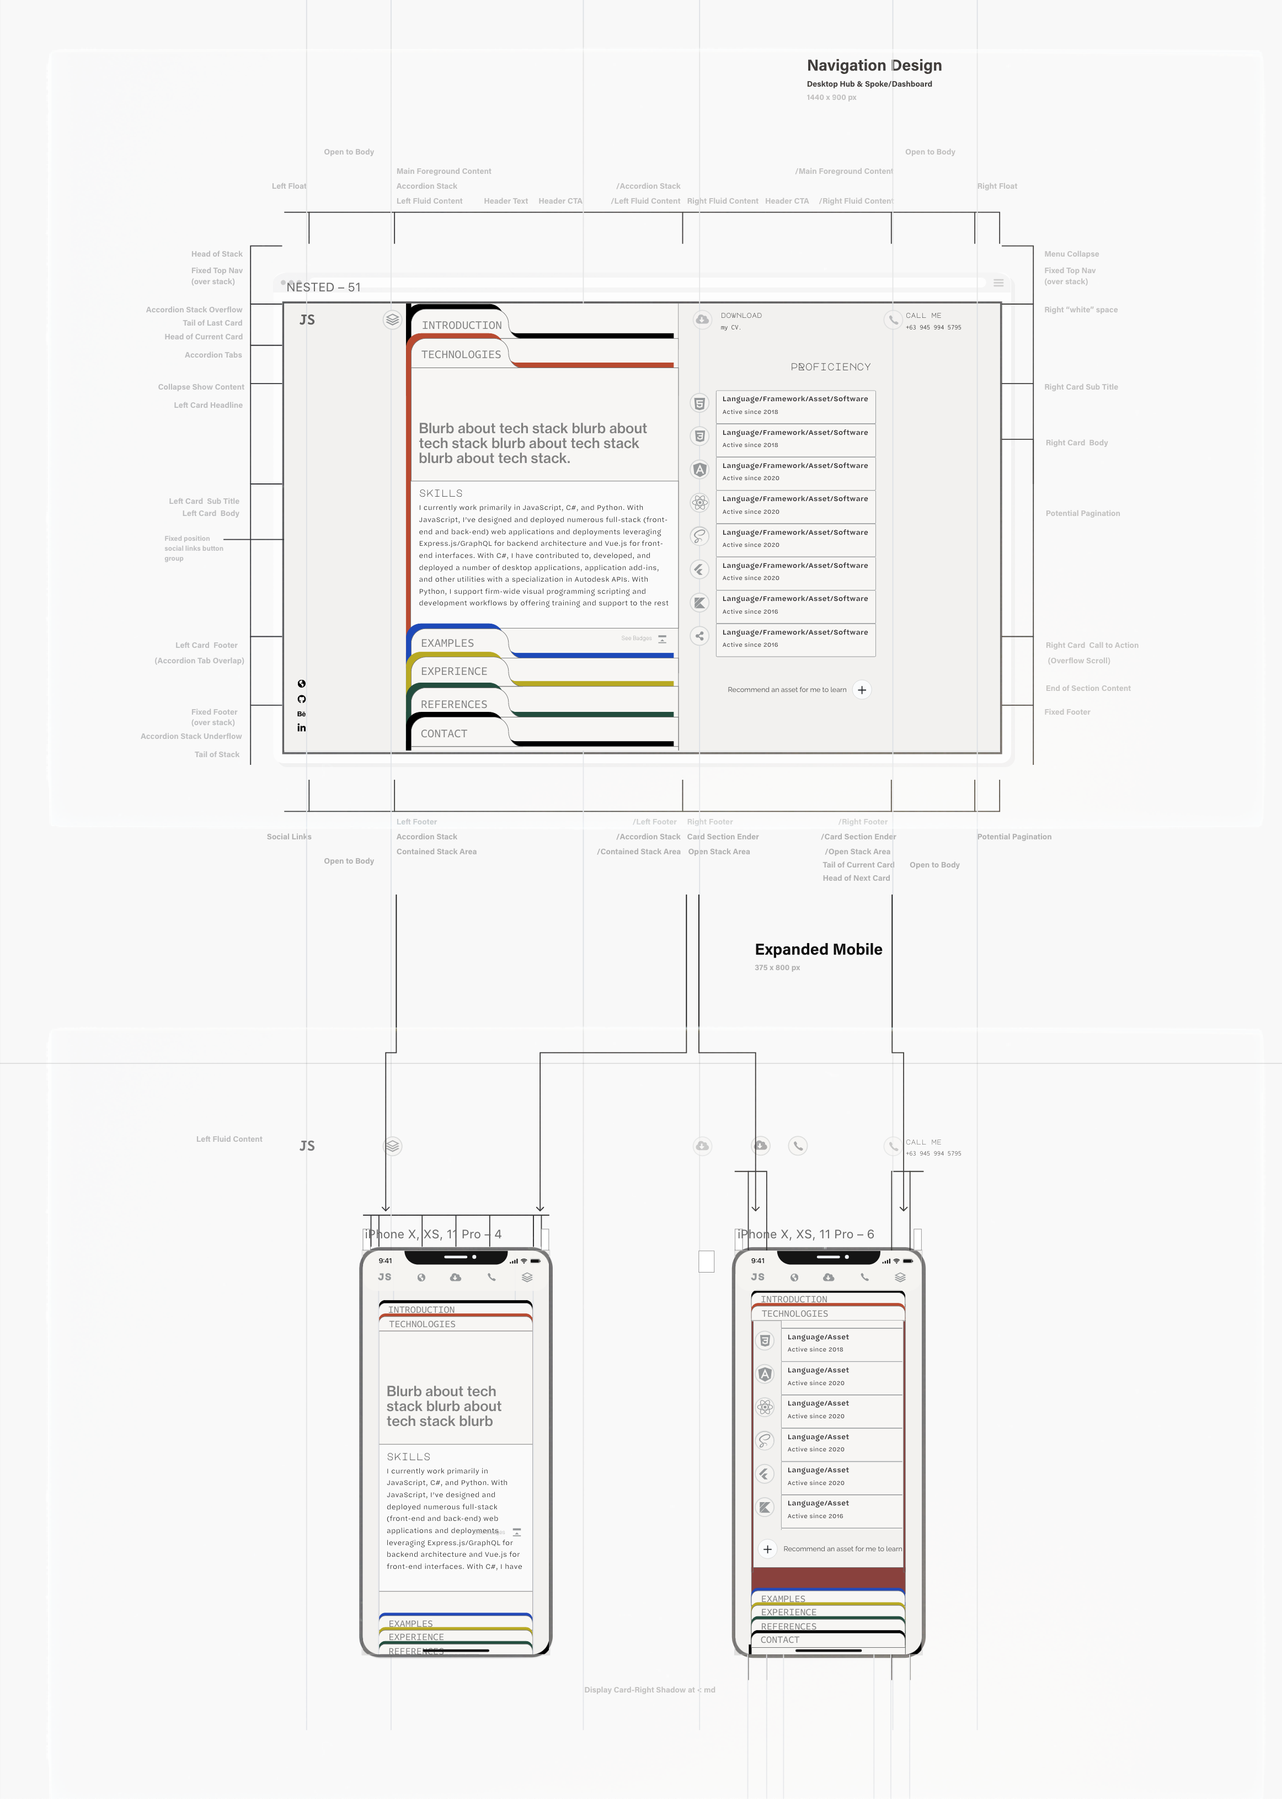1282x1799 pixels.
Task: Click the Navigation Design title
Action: coord(874,66)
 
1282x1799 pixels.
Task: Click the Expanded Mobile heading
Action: coord(818,949)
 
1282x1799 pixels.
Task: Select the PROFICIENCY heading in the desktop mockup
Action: coord(830,367)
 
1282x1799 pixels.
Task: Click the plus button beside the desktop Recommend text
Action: coord(862,690)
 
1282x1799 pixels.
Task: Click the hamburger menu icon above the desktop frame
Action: coord(998,283)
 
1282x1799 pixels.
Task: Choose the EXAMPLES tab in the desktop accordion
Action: coord(447,643)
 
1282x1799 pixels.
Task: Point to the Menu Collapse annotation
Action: coord(1071,254)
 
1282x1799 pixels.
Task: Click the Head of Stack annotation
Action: coord(216,254)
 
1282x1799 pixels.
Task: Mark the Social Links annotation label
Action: coord(289,837)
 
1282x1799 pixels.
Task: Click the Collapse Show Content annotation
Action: coord(200,387)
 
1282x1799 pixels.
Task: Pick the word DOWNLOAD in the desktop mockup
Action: coord(741,316)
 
